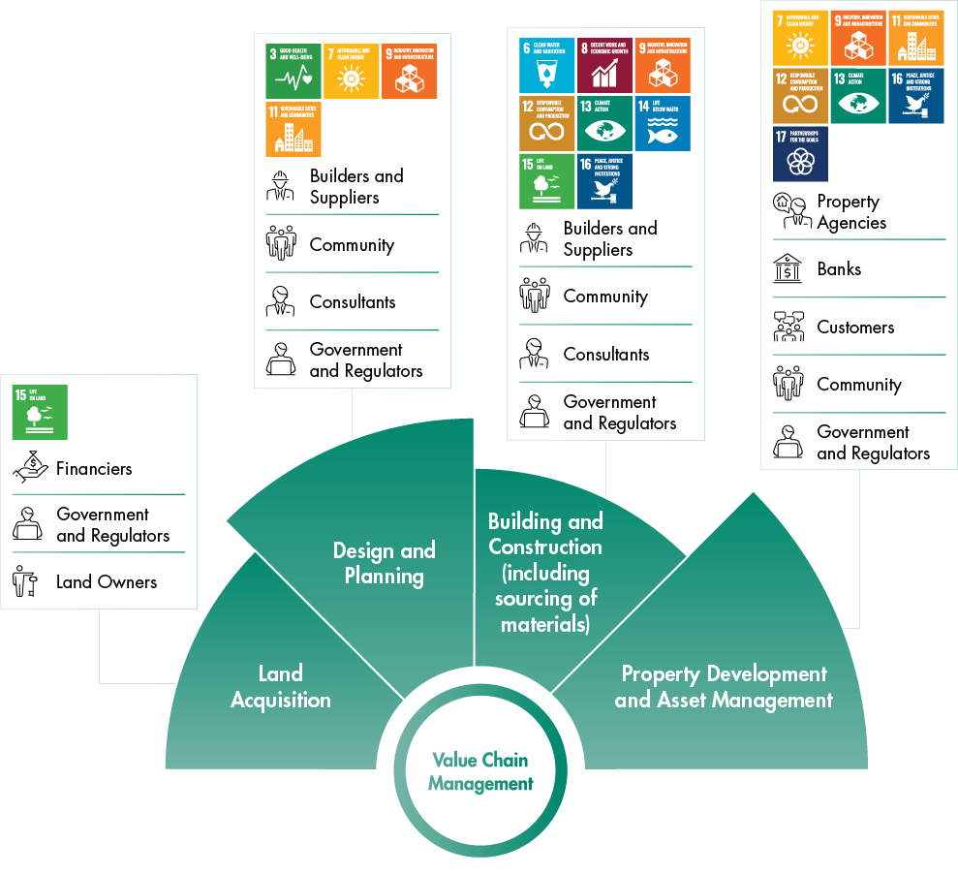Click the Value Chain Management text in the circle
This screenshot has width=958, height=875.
pyautogui.click(x=480, y=771)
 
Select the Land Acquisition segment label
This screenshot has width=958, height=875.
pyautogui.click(x=281, y=686)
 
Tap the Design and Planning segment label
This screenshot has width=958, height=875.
pyautogui.click(x=385, y=563)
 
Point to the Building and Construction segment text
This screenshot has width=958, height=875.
pyautogui.click(x=545, y=573)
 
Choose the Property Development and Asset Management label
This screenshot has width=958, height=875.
pyautogui.click(x=724, y=686)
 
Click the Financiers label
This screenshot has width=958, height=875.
pyautogui.click(x=94, y=468)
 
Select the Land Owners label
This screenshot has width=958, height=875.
pyautogui.click(x=107, y=581)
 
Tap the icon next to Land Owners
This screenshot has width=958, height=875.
pyautogui.click(x=26, y=581)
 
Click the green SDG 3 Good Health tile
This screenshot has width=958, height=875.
pyautogui.click(x=293, y=71)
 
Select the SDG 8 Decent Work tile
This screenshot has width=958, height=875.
pyautogui.click(x=604, y=65)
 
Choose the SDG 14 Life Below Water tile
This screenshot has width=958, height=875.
pyautogui.click(x=663, y=123)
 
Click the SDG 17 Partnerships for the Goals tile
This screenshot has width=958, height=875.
pyautogui.click(x=800, y=154)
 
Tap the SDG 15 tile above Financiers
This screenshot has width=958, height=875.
pyautogui.click(x=40, y=412)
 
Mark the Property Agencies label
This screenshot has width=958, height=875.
pyautogui.click(x=851, y=212)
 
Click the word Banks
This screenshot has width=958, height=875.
pyautogui.click(x=839, y=268)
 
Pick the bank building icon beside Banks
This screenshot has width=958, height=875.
pyautogui.click(x=788, y=268)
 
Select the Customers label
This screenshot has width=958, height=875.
pyautogui.click(x=855, y=327)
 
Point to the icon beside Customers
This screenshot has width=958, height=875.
pyautogui.click(x=788, y=327)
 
